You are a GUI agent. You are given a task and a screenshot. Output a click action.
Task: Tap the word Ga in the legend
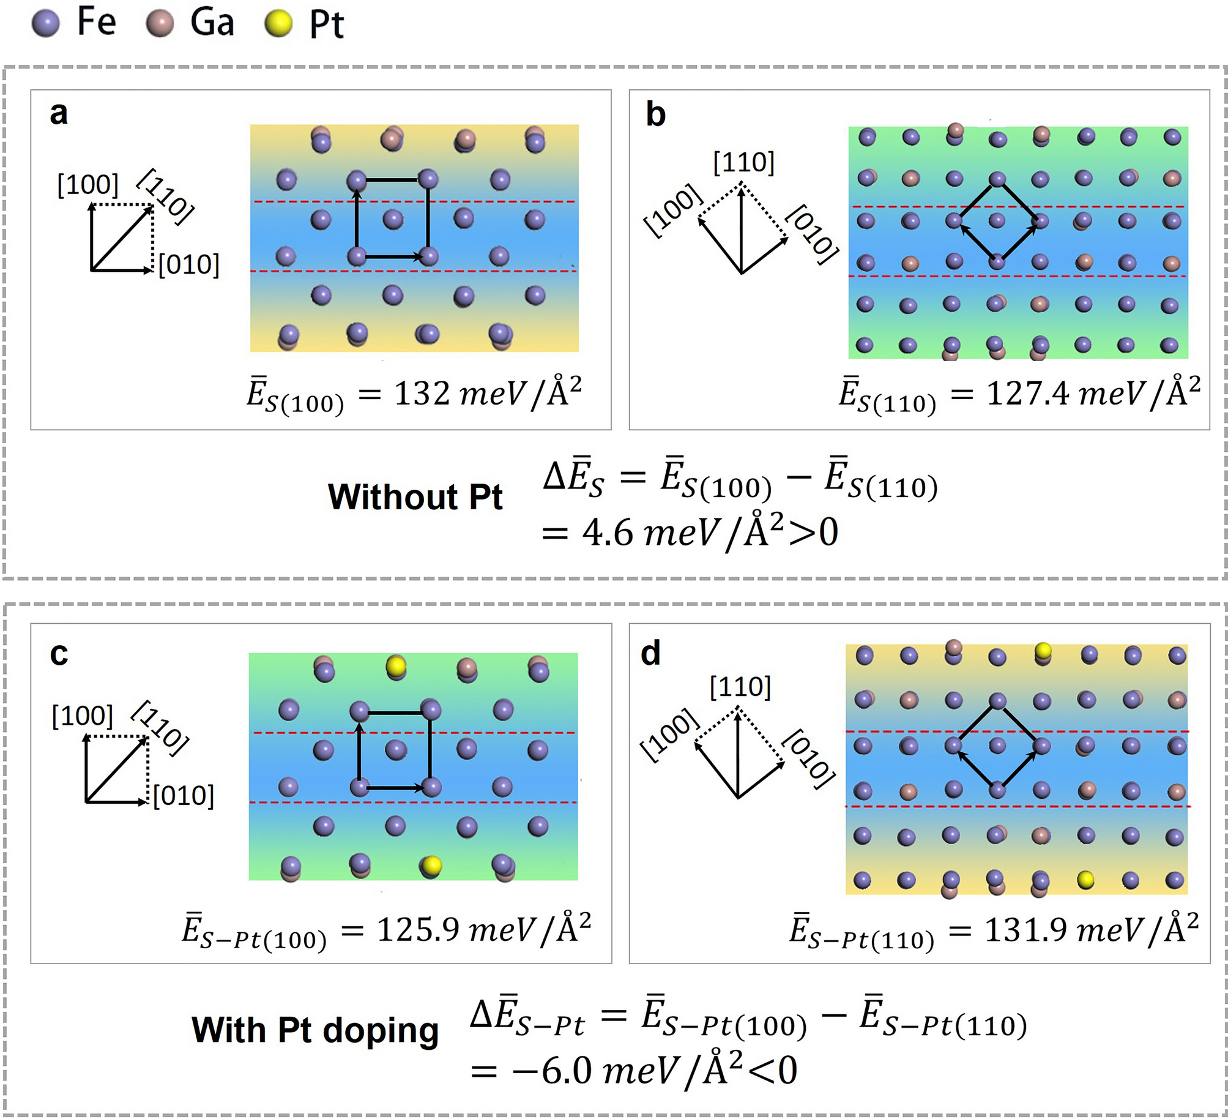[212, 23]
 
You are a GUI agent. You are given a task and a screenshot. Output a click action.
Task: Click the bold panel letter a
[59, 113]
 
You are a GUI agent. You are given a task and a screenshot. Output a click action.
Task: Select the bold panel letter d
[650, 653]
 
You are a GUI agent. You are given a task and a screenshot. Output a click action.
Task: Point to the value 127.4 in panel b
[1028, 393]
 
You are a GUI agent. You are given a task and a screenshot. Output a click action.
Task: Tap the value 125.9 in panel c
[417, 929]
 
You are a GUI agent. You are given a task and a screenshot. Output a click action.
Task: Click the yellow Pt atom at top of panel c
[396, 665]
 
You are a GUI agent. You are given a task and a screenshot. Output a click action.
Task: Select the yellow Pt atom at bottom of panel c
[431, 865]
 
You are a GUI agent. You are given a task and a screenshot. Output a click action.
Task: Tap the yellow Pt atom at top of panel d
[1043, 650]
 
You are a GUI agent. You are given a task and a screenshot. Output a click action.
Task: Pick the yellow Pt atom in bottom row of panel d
[1085, 880]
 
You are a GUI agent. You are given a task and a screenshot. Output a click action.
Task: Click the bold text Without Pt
[415, 496]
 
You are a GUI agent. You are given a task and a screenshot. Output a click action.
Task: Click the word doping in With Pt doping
[380, 1030]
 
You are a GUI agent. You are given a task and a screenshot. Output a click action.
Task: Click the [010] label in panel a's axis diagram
[189, 264]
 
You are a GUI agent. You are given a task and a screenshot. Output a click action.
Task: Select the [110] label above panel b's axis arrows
[743, 162]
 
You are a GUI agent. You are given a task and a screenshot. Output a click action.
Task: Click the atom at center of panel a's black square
[393, 219]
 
